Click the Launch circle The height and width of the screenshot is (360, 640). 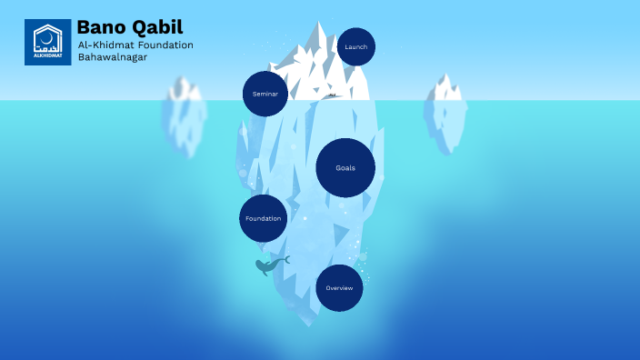click(355, 46)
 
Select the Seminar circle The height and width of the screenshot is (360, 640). click(265, 94)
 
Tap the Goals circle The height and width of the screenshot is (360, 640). click(345, 168)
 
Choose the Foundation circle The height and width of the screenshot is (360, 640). click(263, 218)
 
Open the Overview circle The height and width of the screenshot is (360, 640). click(339, 288)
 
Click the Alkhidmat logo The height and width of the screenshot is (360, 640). click(47, 42)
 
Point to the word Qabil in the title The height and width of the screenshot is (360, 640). click(155, 25)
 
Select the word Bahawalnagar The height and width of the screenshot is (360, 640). click(113, 57)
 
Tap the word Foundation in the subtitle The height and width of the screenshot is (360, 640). click(164, 45)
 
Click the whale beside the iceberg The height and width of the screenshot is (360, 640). click(269, 265)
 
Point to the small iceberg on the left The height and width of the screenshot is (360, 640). click(184, 116)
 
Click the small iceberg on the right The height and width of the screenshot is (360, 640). click(445, 113)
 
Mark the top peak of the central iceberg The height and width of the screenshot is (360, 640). click(319, 25)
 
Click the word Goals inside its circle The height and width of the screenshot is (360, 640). click(345, 168)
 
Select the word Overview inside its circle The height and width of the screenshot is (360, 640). click(339, 288)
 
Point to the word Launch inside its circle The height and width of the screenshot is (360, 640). click(355, 46)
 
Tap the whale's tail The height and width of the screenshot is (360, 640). click(285, 259)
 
